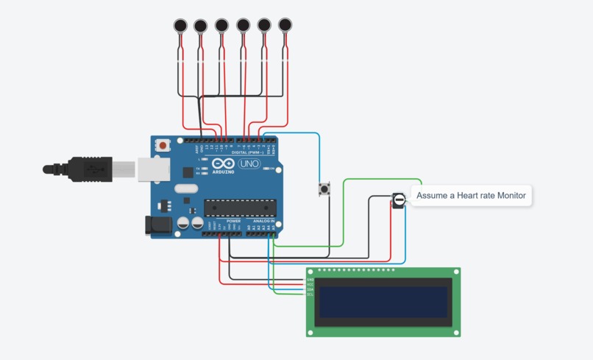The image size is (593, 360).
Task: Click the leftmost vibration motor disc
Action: [x=180, y=27]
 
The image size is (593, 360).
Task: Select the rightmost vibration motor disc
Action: [x=285, y=26]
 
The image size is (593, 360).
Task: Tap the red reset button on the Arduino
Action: [x=162, y=146]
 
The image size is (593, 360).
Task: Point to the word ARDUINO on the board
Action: [x=224, y=171]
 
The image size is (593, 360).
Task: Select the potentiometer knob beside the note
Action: [x=399, y=200]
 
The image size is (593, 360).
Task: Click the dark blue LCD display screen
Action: [x=382, y=302]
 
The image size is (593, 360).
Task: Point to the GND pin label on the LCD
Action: [x=310, y=280]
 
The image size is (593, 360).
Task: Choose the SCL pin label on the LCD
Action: [x=310, y=294]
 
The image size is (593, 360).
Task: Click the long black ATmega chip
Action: [x=241, y=209]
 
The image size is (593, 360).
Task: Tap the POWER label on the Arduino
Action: [x=233, y=221]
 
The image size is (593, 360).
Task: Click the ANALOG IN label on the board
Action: [x=263, y=221]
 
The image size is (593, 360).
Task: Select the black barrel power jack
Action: [x=157, y=225]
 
